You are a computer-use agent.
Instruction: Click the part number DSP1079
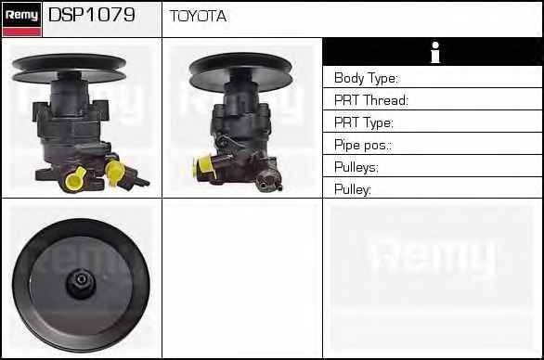point(92,15)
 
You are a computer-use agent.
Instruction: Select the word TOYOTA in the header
point(198,16)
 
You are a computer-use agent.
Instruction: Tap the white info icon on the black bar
point(435,52)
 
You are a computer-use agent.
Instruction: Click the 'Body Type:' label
point(366,78)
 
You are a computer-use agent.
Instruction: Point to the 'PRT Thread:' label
point(371,100)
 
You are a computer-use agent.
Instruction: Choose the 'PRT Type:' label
point(364,122)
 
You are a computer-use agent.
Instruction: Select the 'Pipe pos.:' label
point(363,145)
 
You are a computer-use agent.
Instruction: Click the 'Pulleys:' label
point(356,167)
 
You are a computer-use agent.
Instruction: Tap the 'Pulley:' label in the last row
point(353,189)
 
